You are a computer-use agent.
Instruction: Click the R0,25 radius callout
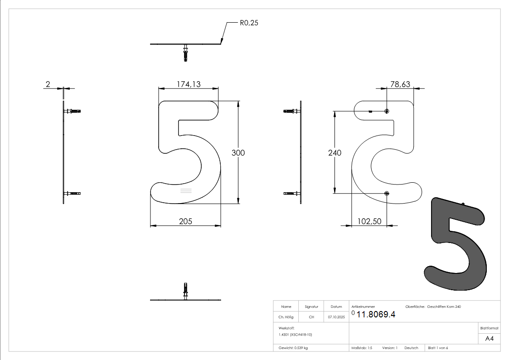(x=248, y=22)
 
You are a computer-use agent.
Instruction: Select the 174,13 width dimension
(x=189, y=84)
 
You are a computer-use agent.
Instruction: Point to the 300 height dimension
(x=238, y=153)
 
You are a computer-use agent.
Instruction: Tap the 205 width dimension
(x=185, y=221)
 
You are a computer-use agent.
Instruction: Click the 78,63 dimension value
(x=400, y=84)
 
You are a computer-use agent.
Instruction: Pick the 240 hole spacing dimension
(x=334, y=153)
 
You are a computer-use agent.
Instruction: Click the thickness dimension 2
(x=48, y=84)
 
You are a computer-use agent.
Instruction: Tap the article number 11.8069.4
(x=376, y=315)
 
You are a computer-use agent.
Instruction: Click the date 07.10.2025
(x=336, y=317)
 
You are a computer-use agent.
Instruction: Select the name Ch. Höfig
(x=286, y=317)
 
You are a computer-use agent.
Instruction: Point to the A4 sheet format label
(x=490, y=339)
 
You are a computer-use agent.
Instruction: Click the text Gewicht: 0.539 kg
(x=293, y=348)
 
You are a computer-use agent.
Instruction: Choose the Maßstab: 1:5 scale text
(x=362, y=348)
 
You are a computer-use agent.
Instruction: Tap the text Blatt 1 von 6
(x=438, y=348)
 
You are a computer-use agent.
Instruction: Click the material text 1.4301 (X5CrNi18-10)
(x=296, y=334)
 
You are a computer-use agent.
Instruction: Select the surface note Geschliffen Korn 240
(x=444, y=307)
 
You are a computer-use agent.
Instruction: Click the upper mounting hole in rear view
(x=387, y=111)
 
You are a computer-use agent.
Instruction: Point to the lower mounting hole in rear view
(x=387, y=194)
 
